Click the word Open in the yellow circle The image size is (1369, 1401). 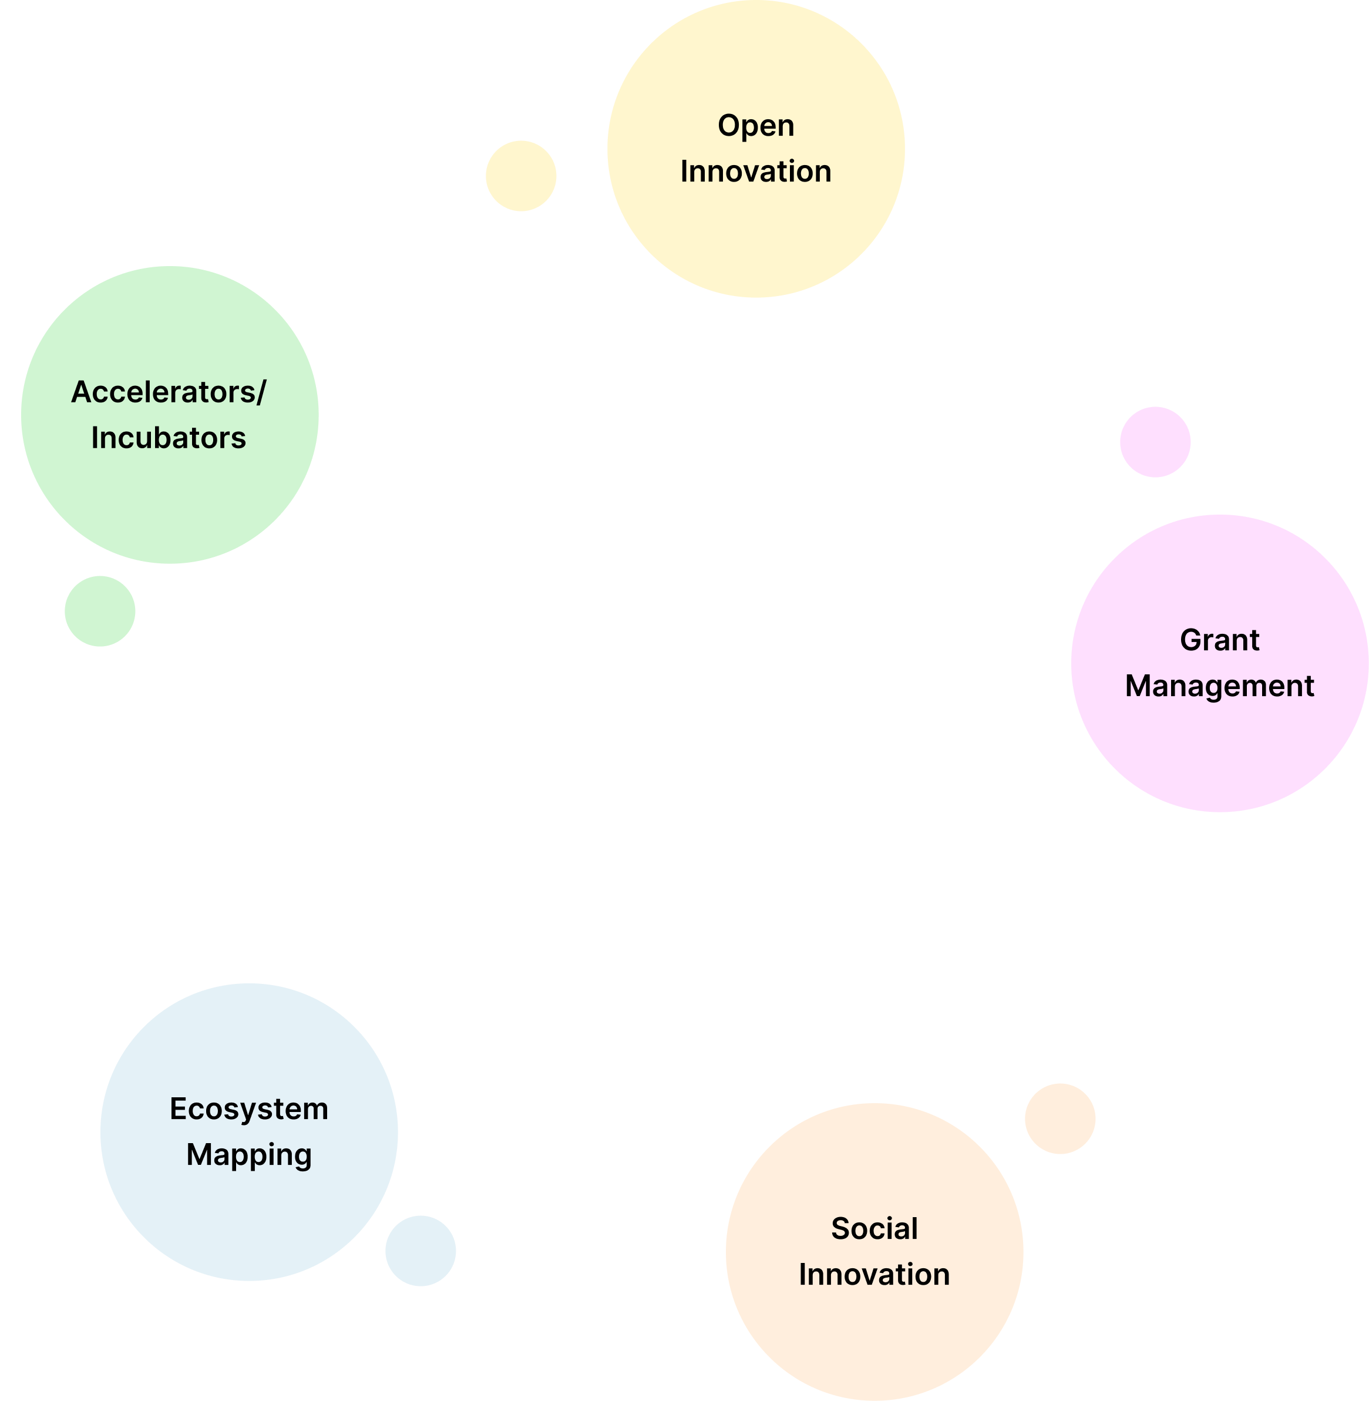[756, 126]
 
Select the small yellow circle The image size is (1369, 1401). [520, 176]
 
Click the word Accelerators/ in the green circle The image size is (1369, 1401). [168, 392]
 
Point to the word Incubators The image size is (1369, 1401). [168, 438]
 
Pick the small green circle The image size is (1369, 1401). [100, 612]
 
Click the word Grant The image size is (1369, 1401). [1219, 640]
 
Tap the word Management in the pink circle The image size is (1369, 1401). [1219, 686]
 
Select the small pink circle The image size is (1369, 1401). [1155, 442]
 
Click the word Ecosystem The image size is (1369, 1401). [249, 1109]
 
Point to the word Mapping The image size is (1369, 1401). [249, 1155]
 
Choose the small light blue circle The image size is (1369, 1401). [421, 1251]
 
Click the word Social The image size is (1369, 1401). [874, 1228]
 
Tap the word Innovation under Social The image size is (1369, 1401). [874, 1275]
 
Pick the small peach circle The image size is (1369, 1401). [1060, 1118]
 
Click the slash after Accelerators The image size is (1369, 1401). [260, 392]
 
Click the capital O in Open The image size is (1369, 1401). [729, 126]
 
